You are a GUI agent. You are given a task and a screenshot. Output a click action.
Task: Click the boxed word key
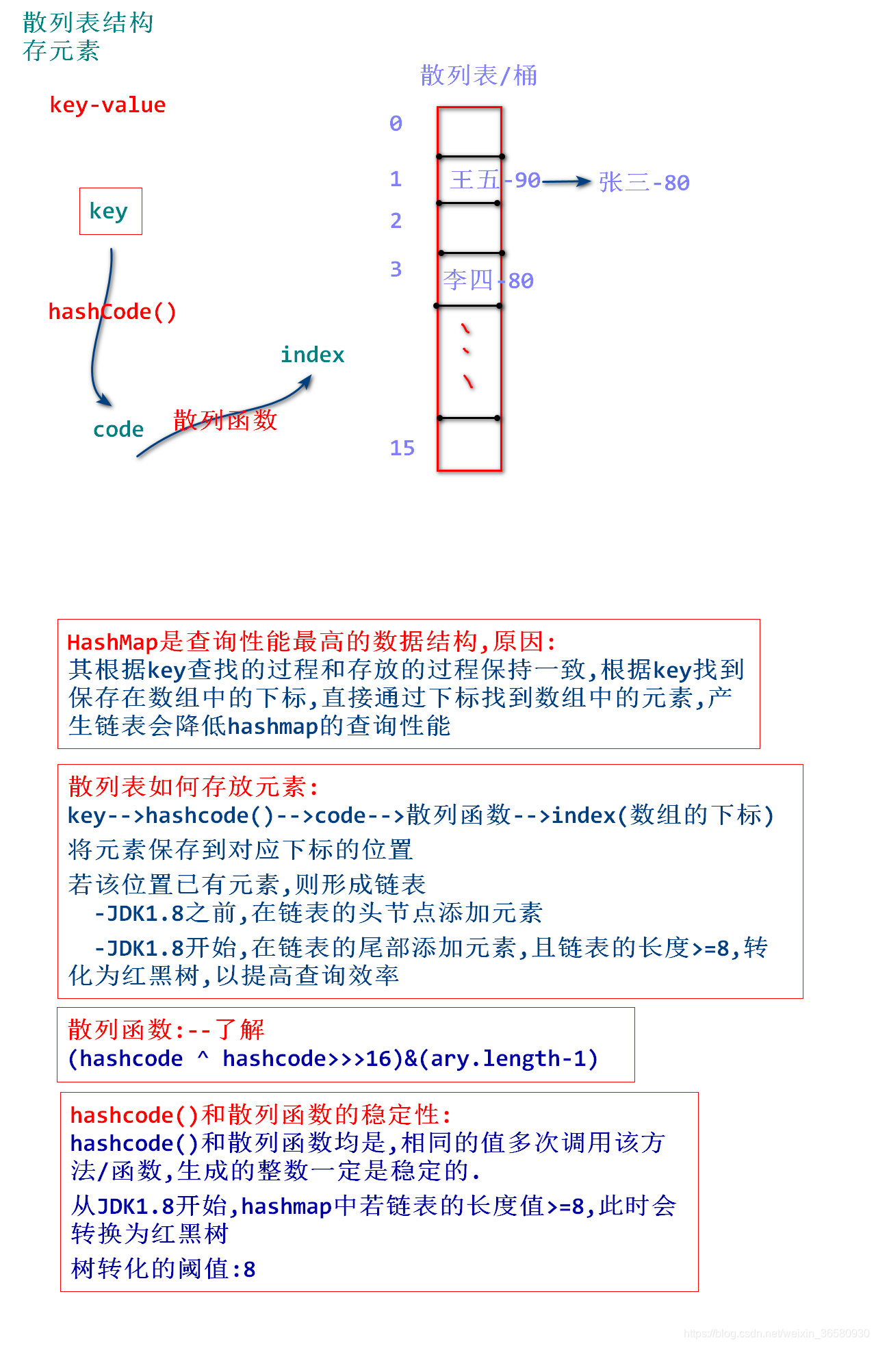(109, 212)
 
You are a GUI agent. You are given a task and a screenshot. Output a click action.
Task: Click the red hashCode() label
(112, 312)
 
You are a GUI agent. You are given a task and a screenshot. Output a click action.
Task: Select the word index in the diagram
(312, 355)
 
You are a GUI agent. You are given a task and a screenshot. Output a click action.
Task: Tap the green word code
(118, 429)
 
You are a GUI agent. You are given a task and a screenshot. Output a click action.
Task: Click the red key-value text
(107, 105)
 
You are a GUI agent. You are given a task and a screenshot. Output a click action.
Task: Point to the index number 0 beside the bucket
(396, 123)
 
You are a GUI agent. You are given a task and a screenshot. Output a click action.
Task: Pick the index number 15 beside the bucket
(402, 448)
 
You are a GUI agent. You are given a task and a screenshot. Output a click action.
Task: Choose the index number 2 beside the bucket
(396, 220)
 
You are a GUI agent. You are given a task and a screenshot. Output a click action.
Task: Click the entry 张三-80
(644, 182)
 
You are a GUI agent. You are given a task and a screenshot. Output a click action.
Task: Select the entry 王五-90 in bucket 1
(495, 180)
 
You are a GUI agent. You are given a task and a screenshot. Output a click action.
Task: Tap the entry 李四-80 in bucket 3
(488, 280)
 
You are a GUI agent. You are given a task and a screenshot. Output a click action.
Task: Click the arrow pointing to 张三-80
(567, 181)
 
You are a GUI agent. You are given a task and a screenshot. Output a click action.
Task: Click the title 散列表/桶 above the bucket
(478, 75)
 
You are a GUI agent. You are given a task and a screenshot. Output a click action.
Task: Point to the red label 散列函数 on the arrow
(225, 420)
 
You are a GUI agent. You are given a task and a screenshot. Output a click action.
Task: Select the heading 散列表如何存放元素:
(194, 787)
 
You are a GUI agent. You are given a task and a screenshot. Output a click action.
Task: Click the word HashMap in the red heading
(113, 642)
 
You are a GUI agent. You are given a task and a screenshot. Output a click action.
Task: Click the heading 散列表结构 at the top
(88, 23)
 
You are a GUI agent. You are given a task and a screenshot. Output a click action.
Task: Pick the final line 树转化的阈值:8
(164, 1269)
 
